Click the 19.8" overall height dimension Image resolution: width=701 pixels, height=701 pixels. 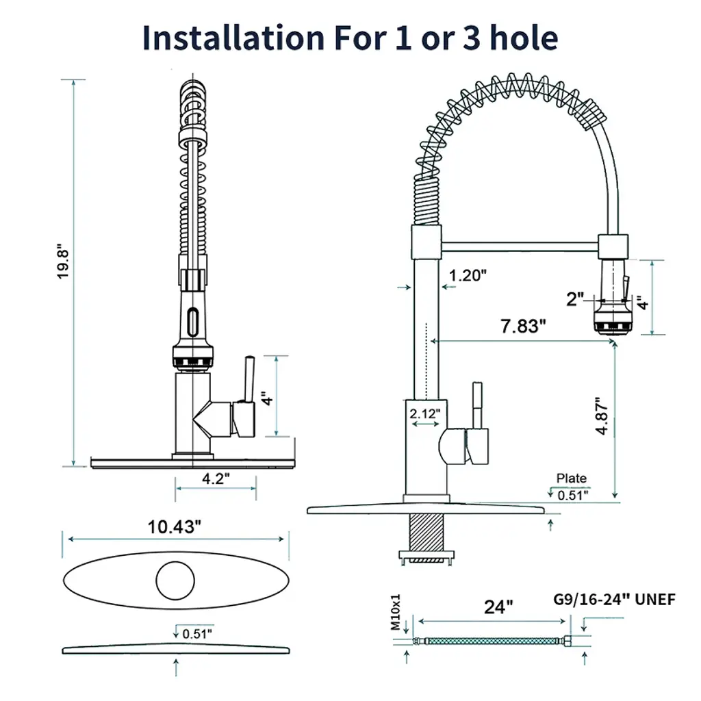pos(63,262)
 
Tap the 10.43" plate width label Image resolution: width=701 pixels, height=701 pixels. pos(175,526)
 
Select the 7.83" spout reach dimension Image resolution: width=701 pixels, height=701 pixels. pos(523,326)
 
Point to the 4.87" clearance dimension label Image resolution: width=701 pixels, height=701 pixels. pos(602,416)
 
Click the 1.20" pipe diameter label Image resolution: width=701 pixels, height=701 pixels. pos(468,275)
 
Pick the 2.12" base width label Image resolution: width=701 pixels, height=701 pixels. pos(425,413)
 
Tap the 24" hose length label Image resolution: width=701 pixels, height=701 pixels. pos(498,607)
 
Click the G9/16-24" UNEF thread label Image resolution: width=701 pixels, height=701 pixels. pos(614,599)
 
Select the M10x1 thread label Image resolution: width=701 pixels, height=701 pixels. pos(396,612)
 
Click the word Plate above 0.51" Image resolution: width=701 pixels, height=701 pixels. pos(572,479)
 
